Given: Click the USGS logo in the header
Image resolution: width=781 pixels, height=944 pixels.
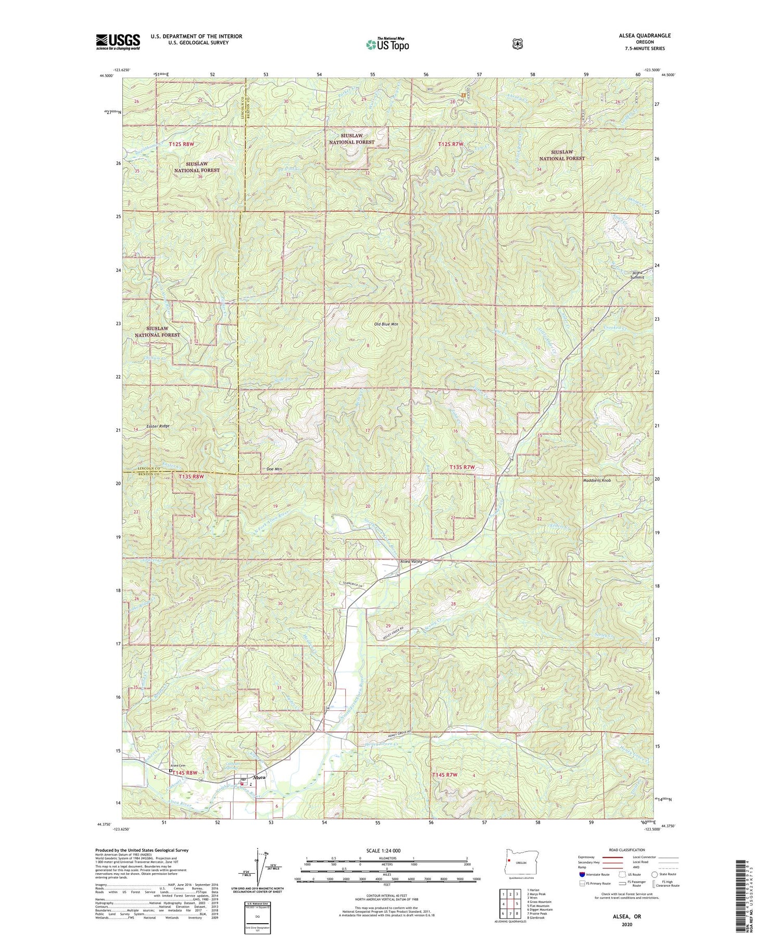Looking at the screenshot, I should tap(118, 42).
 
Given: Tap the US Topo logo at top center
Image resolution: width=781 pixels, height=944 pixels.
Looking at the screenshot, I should tap(387, 44).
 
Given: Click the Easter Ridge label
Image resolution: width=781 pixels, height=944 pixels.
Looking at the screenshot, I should tap(158, 426).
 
